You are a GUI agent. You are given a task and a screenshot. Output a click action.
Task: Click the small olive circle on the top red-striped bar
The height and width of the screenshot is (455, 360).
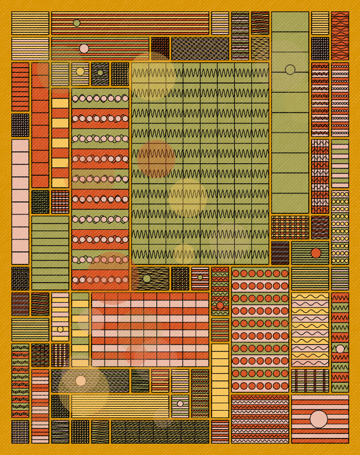tap(77, 23)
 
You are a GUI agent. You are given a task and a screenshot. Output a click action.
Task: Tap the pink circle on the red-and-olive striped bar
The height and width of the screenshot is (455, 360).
tap(84, 48)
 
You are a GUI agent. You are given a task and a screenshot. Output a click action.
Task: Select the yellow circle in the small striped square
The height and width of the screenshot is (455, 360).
tap(80, 71)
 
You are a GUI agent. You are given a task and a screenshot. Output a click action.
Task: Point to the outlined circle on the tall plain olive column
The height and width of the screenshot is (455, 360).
tap(290, 69)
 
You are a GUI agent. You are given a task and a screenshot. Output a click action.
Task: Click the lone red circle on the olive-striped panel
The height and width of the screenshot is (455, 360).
tap(316, 253)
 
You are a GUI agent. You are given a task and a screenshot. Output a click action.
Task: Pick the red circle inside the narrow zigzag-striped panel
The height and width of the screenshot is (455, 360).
tap(220, 305)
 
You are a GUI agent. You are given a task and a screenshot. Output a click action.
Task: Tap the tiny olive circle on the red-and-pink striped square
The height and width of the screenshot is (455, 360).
tap(200, 278)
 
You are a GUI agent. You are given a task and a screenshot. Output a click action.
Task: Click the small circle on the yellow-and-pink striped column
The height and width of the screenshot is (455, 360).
tap(60, 329)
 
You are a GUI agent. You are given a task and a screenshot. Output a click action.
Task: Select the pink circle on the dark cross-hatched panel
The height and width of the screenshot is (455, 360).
tap(81, 380)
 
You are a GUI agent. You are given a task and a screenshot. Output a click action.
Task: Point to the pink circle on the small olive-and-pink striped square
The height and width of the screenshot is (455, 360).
tap(180, 404)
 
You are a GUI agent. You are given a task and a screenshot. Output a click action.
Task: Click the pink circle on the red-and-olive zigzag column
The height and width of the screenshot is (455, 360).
tap(340, 349)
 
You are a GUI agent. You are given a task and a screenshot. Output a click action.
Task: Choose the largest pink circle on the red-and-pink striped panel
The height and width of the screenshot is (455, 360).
tap(318, 419)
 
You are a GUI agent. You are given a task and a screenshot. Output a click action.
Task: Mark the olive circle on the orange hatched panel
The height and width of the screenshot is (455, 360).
tap(147, 279)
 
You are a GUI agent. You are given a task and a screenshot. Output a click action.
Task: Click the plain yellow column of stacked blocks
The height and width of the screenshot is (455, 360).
tap(220, 380)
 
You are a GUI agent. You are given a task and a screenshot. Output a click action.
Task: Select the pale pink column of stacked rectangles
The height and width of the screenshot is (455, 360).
tap(20, 202)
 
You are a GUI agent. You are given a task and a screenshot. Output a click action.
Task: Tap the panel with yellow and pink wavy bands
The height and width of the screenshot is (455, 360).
tap(310, 330)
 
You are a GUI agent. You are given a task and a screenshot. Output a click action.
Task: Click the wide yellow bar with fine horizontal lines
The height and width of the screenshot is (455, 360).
tap(120, 407)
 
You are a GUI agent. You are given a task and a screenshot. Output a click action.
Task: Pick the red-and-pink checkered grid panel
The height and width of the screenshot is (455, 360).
tap(150, 330)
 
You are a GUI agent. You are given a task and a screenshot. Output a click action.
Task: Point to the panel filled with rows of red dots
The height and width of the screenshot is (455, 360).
tap(260, 330)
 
